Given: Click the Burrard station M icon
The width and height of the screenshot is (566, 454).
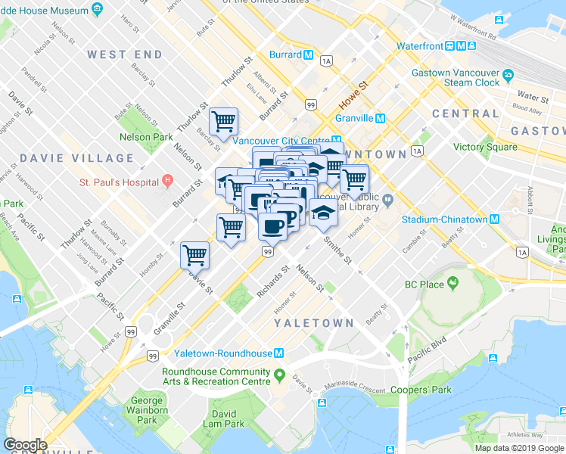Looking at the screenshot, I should click(309, 55).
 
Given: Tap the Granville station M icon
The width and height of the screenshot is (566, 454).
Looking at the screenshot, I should click(381, 118).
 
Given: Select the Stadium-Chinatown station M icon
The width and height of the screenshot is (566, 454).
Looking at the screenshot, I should click(494, 219).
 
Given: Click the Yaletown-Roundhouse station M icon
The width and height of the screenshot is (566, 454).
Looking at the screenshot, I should click(279, 353).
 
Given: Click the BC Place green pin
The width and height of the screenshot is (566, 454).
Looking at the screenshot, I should click(452, 284).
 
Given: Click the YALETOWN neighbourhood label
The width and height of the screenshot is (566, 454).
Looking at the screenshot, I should click(313, 323).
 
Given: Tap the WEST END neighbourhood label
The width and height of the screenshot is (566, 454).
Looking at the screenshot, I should click(124, 54).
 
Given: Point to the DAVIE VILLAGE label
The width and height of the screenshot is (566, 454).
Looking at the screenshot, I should click(76, 158).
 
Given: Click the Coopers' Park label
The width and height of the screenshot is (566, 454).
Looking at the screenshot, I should click(421, 390).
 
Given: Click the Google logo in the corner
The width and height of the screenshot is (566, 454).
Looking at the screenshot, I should click(25, 445).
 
